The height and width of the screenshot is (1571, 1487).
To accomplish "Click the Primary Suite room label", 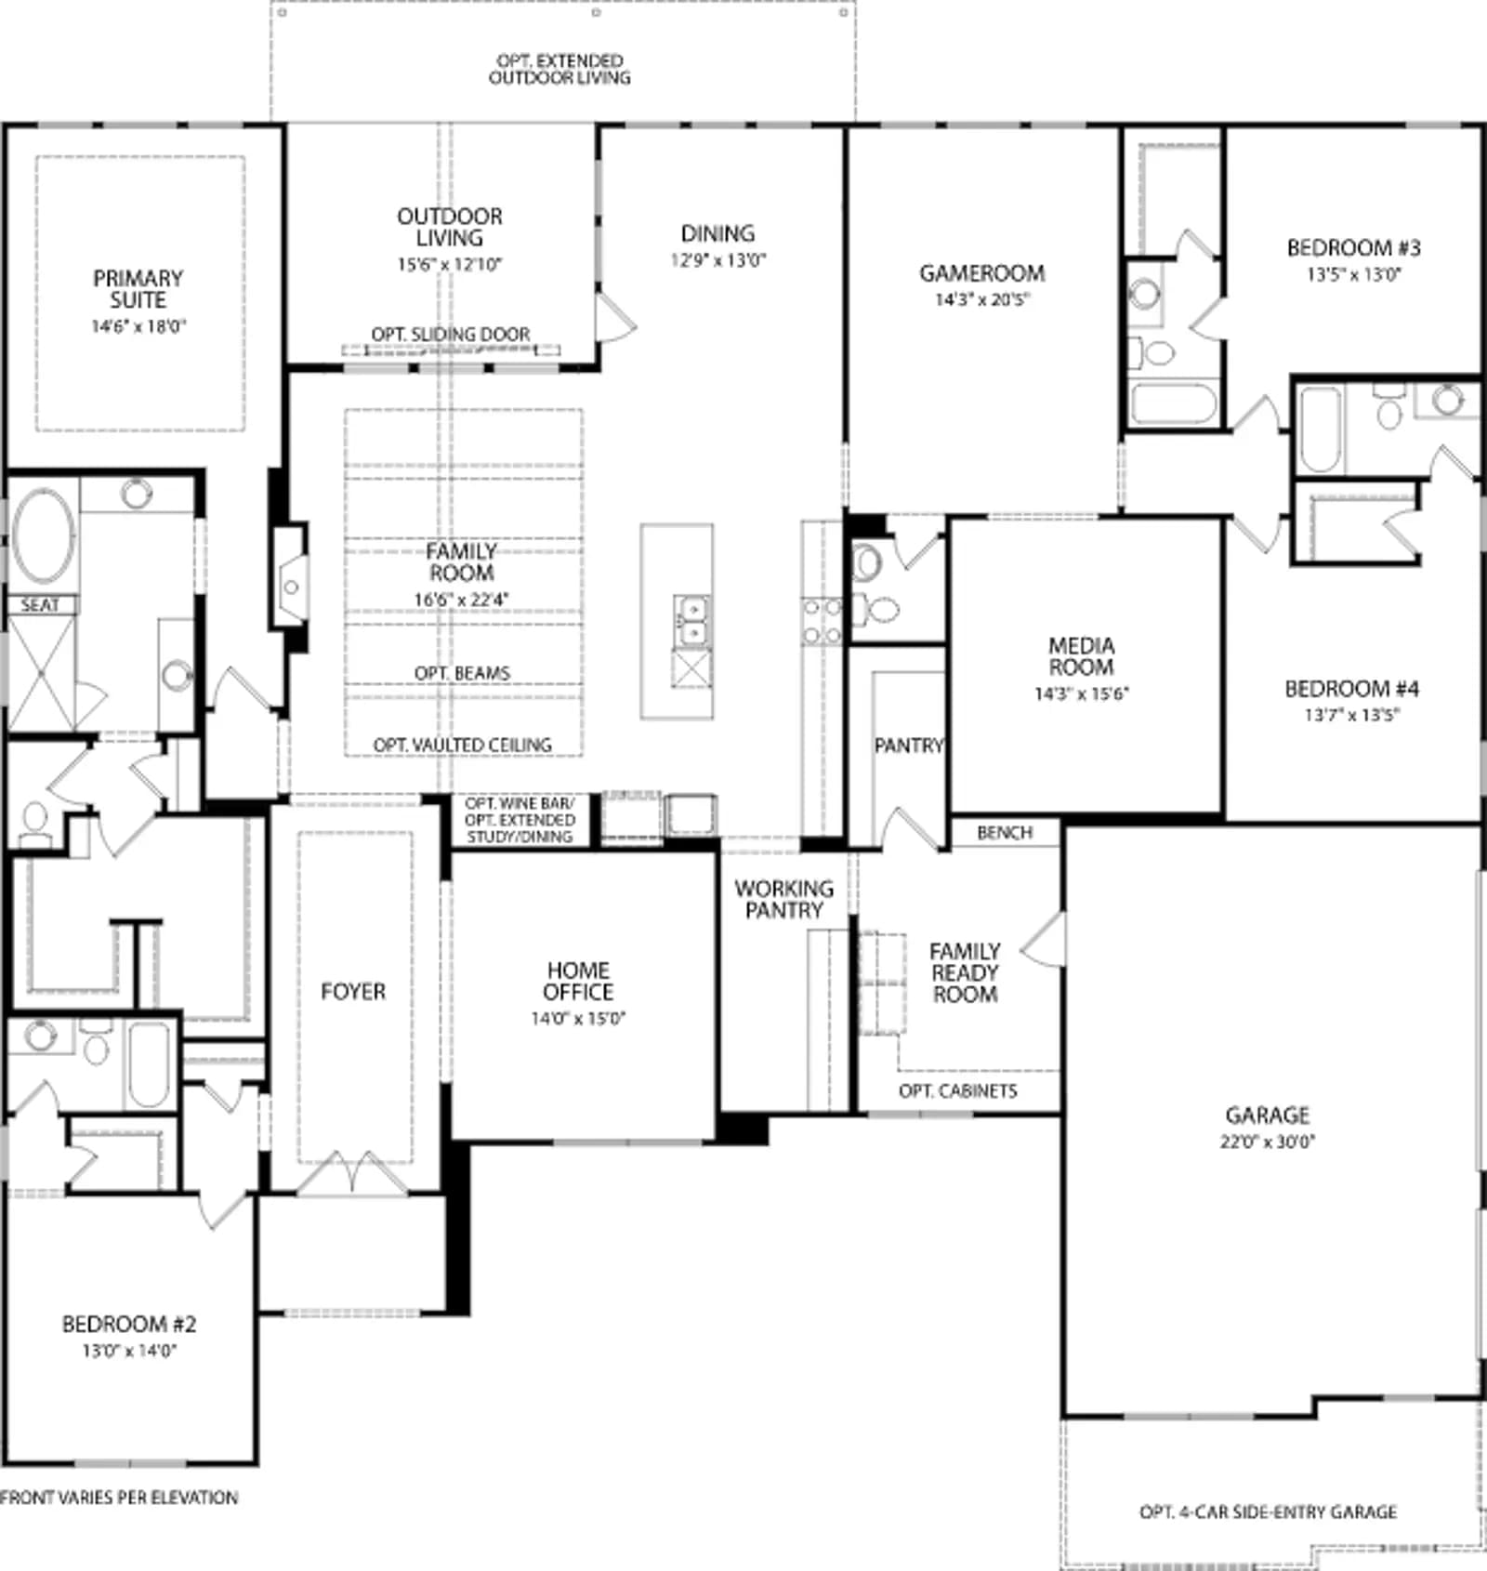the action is coord(138,289).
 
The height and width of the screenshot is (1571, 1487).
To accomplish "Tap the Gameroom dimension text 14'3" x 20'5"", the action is coord(982,299).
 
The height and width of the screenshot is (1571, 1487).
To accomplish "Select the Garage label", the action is coord(1268,1115).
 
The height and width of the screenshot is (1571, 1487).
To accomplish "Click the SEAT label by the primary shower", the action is coord(40,605).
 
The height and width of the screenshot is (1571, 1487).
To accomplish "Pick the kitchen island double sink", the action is coord(691,619).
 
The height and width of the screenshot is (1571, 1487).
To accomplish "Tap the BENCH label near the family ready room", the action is coord(1005,833).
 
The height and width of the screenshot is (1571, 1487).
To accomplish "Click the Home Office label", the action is coord(578,982).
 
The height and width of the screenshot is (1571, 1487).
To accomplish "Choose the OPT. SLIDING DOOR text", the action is coord(451,334).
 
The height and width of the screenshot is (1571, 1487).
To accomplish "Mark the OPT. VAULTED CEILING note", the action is coord(462,745).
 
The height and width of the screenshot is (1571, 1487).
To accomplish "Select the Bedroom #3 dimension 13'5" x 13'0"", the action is coord(1354,274).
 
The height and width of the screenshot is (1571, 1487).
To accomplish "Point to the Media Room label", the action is coord(1081,656).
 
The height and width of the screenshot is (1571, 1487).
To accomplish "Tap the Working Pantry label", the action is coord(784,899).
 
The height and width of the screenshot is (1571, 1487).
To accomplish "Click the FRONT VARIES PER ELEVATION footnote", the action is coord(119,1498).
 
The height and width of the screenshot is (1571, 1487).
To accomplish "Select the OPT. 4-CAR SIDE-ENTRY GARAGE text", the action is coord(1268,1512).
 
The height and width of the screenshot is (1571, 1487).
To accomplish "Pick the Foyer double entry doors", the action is coord(352,1173).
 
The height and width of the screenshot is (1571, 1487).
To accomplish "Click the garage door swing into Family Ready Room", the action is coord(1043,940).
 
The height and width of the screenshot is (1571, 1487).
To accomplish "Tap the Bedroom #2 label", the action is coord(129,1324).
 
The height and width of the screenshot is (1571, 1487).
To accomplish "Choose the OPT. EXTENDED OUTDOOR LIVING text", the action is coord(559,70).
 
